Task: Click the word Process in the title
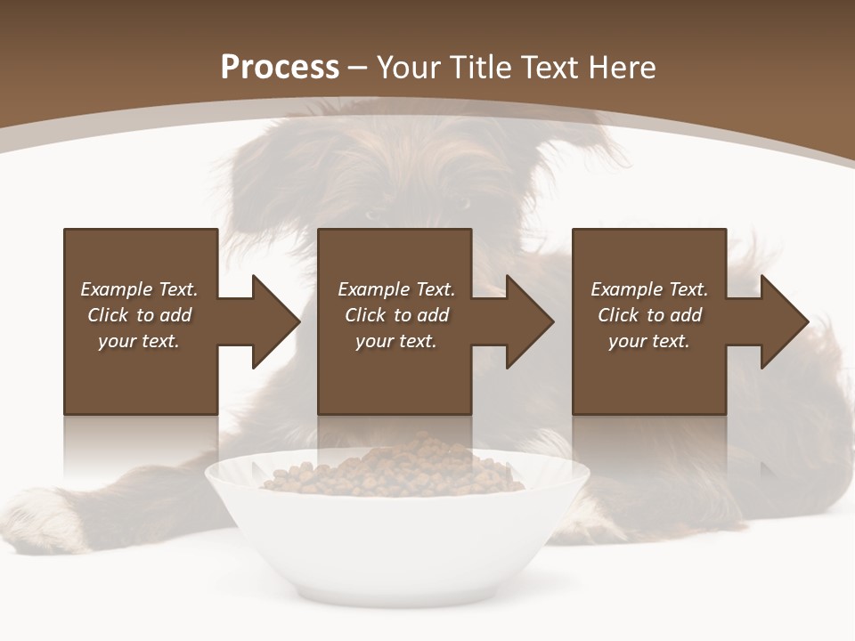point(280,68)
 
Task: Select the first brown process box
point(141,374)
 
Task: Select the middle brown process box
point(395,374)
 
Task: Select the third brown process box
point(648,374)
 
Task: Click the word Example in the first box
point(116,289)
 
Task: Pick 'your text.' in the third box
point(648,341)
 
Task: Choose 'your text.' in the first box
point(139,341)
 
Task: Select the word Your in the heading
point(410,68)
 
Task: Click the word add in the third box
point(686,315)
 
